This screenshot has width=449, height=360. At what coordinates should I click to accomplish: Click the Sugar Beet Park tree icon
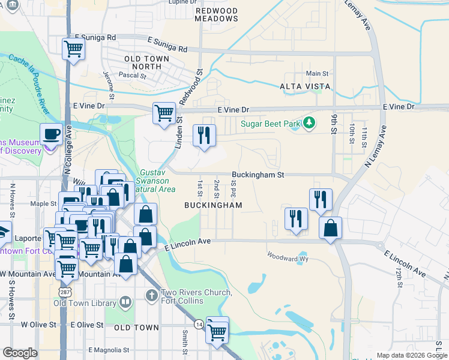click(309, 123)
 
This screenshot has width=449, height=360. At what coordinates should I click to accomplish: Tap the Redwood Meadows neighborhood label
click(217, 15)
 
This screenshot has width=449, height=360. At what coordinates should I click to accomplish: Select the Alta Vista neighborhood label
click(305, 86)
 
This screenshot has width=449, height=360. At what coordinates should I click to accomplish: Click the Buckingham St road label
click(258, 175)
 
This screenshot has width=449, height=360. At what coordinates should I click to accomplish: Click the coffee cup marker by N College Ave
click(51, 133)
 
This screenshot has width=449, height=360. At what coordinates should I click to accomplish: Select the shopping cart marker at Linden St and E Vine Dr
click(164, 113)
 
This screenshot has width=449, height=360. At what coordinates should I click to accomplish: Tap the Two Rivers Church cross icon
click(151, 295)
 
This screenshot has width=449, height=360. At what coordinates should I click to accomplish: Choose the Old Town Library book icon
click(125, 302)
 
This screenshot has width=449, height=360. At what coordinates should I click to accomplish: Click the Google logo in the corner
click(20, 353)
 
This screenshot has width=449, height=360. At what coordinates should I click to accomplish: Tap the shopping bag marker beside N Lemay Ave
click(330, 227)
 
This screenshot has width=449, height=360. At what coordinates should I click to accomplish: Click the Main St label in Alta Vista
click(317, 73)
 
